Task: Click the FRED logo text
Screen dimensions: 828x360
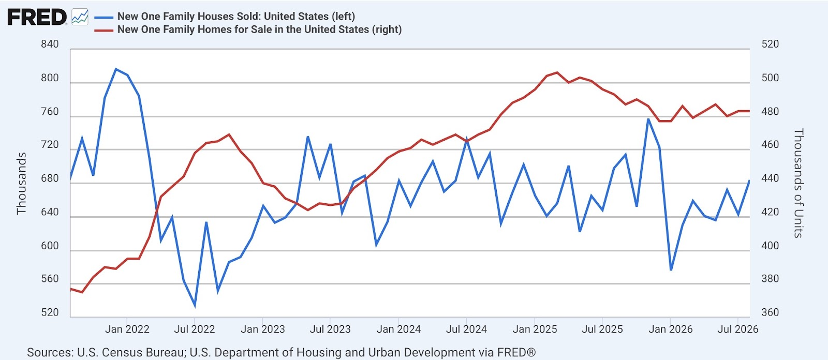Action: (37, 18)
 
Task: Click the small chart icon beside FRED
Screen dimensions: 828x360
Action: (80, 17)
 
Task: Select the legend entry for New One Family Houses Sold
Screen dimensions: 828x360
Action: (236, 16)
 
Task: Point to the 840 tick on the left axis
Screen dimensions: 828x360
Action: (50, 44)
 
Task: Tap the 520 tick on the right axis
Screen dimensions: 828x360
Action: (770, 44)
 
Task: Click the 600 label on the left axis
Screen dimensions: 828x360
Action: (50, 246)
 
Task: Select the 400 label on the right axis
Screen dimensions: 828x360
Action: (770, 246)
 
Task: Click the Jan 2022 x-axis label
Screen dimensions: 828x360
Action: (127, 329)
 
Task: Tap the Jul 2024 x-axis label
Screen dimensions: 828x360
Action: (466, 329)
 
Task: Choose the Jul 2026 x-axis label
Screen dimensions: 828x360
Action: (738, 329)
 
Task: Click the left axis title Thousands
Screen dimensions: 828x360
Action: (21, 183)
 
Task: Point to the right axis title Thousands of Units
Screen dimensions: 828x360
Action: (799, 183)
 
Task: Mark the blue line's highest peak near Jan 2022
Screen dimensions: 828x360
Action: (116, 69)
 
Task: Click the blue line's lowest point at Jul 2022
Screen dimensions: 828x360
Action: (195, 306)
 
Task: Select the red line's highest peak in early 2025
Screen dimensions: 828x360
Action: (557, 72)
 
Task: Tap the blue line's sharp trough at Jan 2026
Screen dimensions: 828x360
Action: (671, 270)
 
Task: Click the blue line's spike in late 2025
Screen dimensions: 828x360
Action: (648, 119)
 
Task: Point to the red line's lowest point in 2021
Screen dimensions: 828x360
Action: (82, 292)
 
